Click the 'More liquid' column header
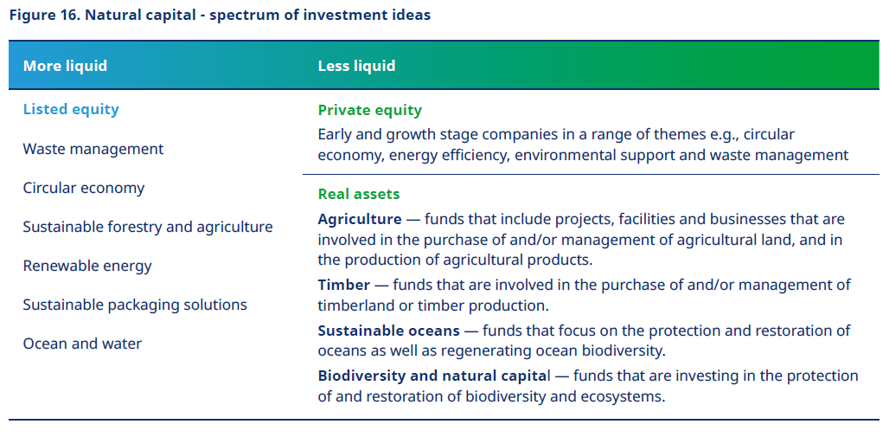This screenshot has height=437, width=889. (65, 66)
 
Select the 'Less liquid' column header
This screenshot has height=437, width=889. (356, 66)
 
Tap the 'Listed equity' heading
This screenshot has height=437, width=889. (71, 110)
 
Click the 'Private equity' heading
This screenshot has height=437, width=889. (369, 110)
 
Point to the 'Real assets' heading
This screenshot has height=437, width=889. (359, 194)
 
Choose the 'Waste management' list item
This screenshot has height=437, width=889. (93, 149)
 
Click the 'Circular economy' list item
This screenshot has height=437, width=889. (84, 188)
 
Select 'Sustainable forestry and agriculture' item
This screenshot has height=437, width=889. (148, 227)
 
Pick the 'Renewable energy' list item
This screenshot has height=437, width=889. (87, 267)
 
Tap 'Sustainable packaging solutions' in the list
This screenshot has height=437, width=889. (135, 305)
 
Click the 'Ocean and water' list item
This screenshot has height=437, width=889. (82, 344)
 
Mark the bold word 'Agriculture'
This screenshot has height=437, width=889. (360, 219)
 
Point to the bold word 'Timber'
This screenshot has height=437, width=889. (344, 285)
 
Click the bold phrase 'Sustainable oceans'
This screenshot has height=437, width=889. (389, 331)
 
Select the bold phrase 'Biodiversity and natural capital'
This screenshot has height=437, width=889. (433, 376)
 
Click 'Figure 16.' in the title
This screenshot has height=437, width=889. (45, 16)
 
